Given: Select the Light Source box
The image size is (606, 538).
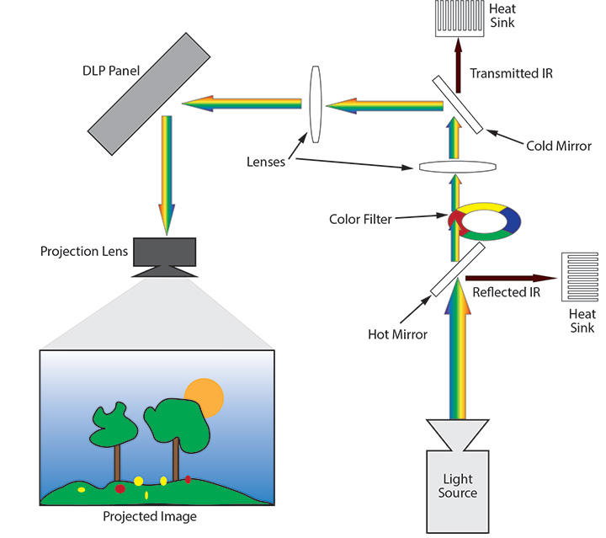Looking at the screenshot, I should point(458,488).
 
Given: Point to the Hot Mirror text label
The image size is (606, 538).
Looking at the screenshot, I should point(399,333).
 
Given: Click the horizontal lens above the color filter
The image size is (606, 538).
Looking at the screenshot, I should point(455,168).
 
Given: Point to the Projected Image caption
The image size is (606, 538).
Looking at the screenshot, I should point(155,515).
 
